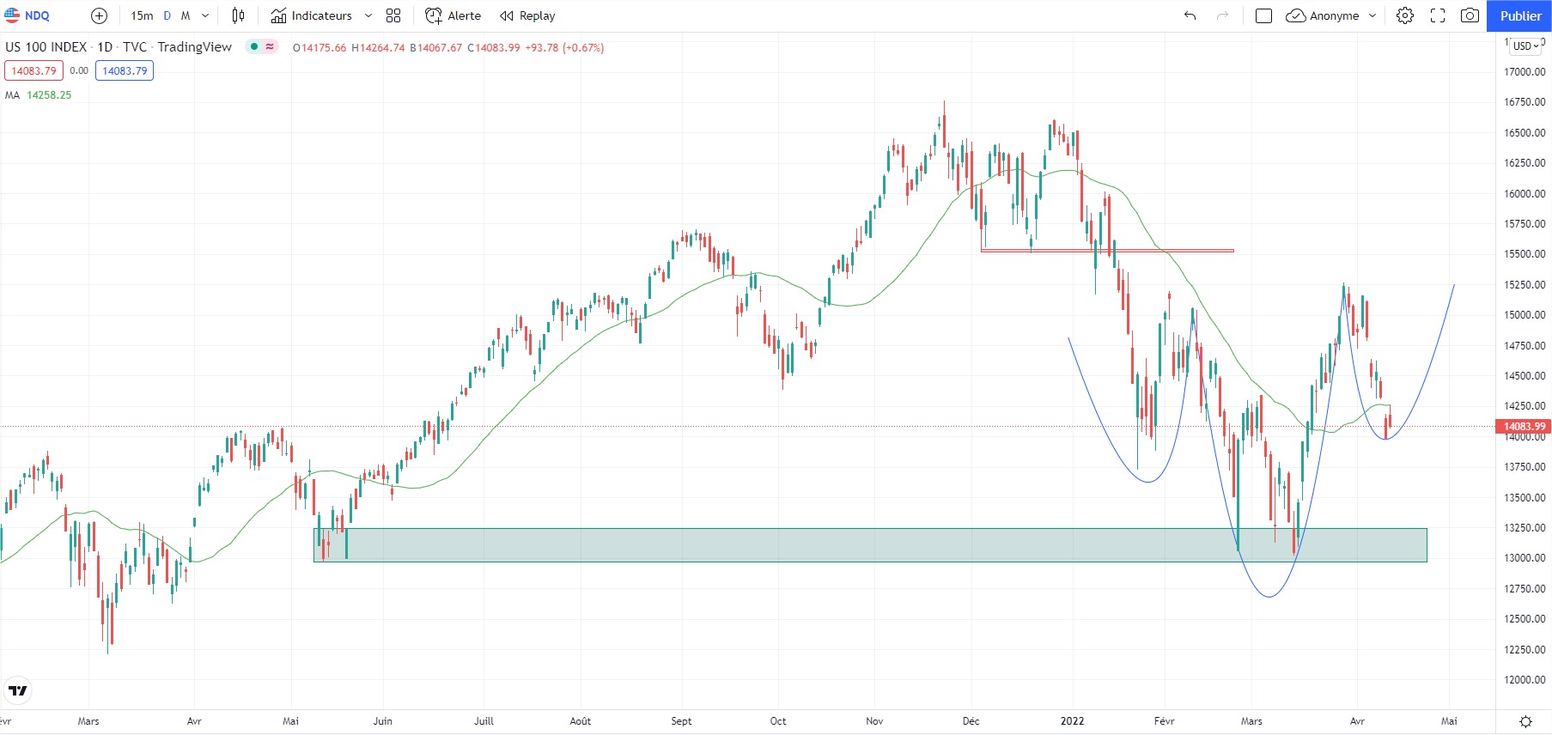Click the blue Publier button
[1519, 15]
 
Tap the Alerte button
[453, 15]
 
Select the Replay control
[527, 15]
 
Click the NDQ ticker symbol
[36, 15]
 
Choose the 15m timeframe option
[142, 15]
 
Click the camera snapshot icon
[1470, 15]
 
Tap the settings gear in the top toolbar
[1405, 15]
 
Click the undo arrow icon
[1190, 15]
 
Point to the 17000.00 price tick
[1524, 72]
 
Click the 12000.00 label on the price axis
[1524, 680]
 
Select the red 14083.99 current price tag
[1523, 427]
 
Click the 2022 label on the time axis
[1072, 721]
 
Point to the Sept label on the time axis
[681, 721]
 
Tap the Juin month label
[382, 721]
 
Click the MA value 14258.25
[49, 95]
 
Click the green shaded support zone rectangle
[859, 545]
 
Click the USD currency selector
[1525, 46]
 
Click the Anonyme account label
[1334, 15]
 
